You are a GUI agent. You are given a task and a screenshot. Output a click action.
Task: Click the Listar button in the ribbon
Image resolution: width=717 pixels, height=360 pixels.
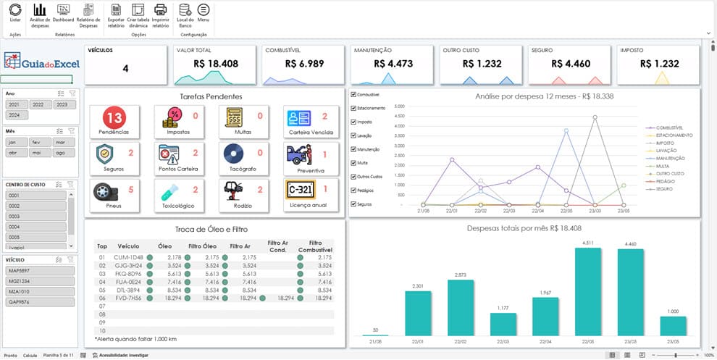tap(15, 12)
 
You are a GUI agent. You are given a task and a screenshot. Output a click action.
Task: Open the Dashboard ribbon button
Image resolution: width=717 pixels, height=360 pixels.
tap(63, 12)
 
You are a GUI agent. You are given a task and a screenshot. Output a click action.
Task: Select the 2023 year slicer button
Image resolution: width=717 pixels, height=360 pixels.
tap(62, 104)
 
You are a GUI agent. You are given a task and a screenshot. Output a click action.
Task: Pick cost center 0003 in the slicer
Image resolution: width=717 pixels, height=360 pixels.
tap(36, 216)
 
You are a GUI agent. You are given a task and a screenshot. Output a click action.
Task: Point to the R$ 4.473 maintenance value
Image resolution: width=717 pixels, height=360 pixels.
tap(393, 64)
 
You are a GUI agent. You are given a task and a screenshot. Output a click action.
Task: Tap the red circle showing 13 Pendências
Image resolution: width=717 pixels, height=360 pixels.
tap(114, 117)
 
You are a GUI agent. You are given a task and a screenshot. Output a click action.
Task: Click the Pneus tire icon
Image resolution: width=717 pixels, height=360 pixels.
tap(106, 191)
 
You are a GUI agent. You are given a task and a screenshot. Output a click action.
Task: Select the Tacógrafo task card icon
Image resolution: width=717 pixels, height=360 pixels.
tap(234, 154)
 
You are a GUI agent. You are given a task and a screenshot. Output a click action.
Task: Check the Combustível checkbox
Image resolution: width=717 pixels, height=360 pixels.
tap(353, 94)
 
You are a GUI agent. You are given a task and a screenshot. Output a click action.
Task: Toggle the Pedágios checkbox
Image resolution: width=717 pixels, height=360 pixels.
tap(353, 190)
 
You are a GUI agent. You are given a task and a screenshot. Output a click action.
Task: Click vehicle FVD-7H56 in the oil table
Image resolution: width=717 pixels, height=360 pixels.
tap(127, 297)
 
